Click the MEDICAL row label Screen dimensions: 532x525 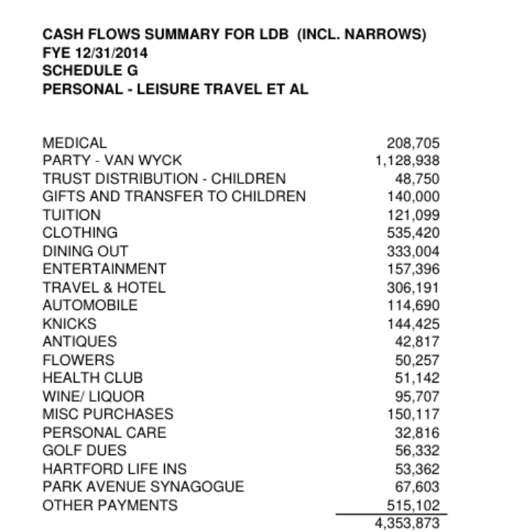point(76,143)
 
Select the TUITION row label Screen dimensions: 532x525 point(72,215)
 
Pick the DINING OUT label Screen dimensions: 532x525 point(86,251)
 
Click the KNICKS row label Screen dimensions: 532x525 point(70,324)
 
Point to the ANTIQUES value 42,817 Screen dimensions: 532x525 point(417,342)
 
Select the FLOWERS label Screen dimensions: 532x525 point(79,361)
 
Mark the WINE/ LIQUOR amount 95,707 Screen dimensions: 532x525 point(417,396)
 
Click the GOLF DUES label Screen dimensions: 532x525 point(85,451)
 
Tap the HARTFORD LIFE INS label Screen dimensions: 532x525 point(115,469)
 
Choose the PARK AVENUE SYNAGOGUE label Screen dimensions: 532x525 point(144,487)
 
